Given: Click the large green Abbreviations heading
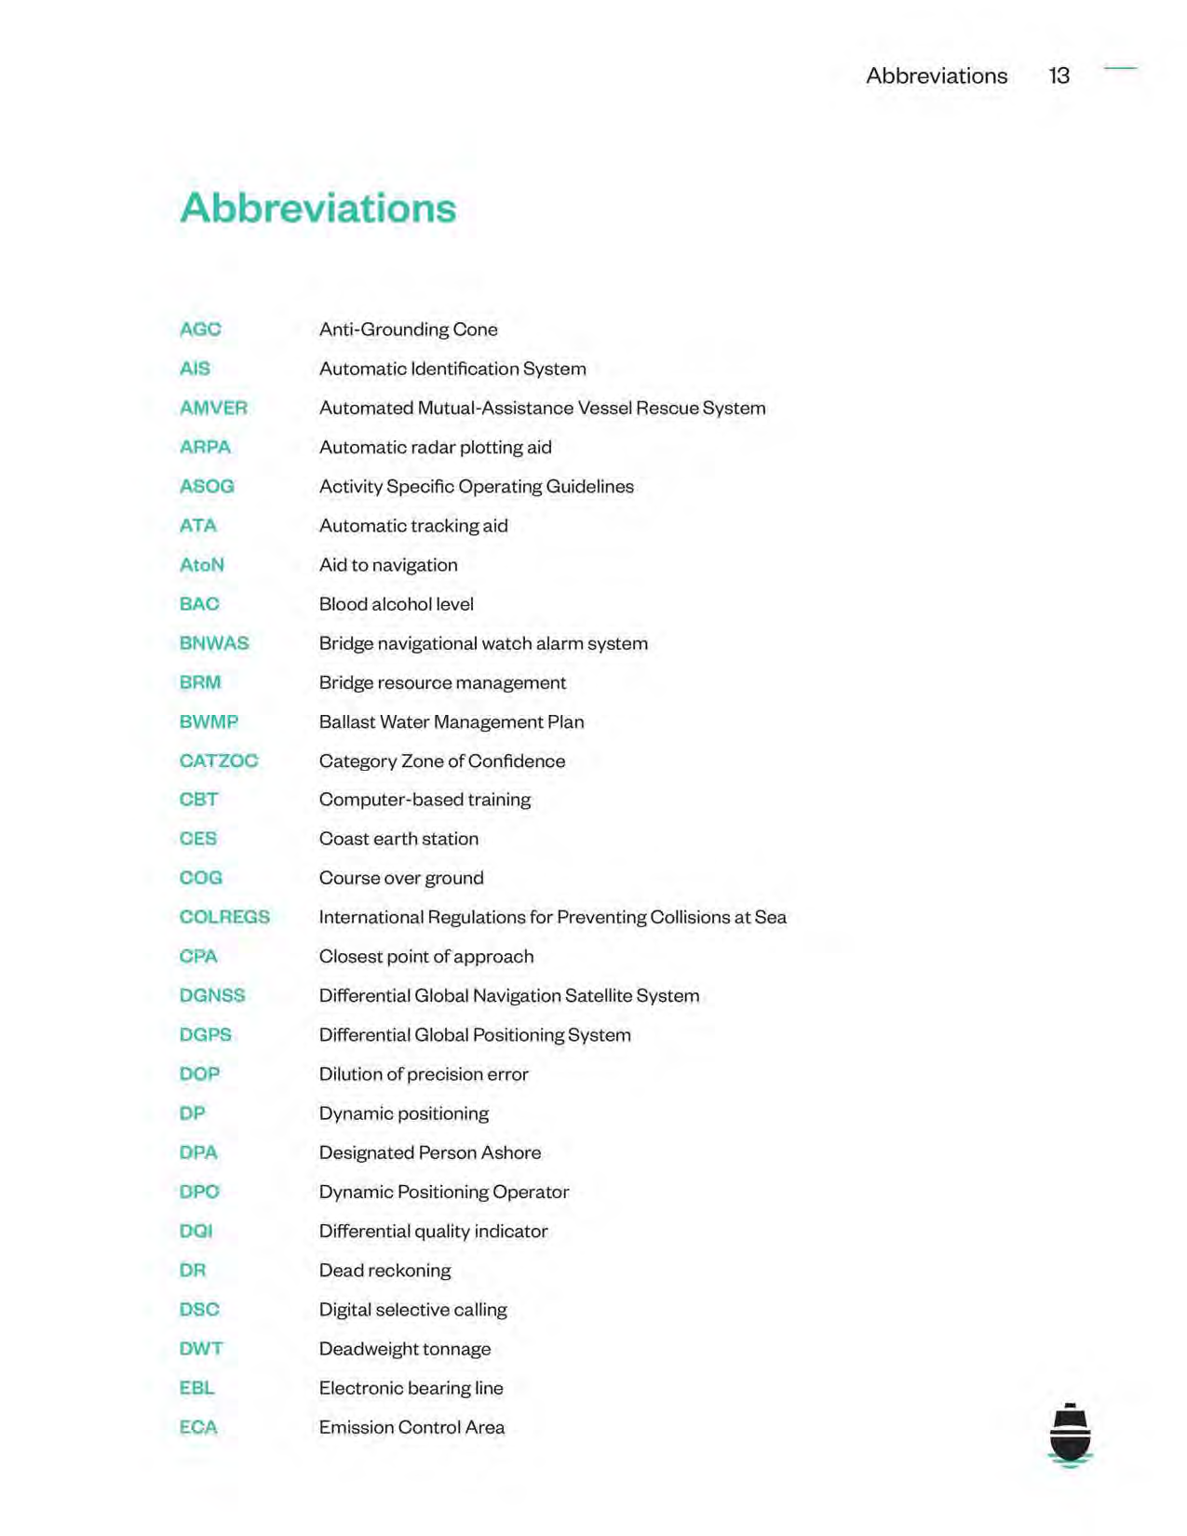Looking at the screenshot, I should coord(317,208).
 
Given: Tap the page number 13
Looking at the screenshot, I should coord(1059,75).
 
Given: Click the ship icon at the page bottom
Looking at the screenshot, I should coord(1070,1435).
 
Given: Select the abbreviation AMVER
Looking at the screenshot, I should coord(213,408).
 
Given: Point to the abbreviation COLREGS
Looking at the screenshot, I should coord(224,917).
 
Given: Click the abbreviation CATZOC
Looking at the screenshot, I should coord(219,761).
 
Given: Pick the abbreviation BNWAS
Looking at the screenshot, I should coord(214,643).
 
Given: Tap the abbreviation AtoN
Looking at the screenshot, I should coord(201,565).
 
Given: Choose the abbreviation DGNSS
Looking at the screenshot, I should coord(212,995).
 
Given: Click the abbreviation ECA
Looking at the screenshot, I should coord(198,1427).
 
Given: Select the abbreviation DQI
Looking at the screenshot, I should coord(196,1231).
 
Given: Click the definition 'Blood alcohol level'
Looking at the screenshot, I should coord(396,604).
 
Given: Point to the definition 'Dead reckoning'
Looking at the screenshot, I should coord(384,1271).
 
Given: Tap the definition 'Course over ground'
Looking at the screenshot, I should coord(401,878).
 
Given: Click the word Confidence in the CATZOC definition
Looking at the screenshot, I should coord(517,761).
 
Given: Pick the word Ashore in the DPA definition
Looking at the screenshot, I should coord(511,1152).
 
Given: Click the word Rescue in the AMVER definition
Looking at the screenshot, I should coord(668,408).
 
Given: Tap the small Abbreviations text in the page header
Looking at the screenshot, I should coord(937,75).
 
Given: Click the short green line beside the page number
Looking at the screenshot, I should coord(1120,68).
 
